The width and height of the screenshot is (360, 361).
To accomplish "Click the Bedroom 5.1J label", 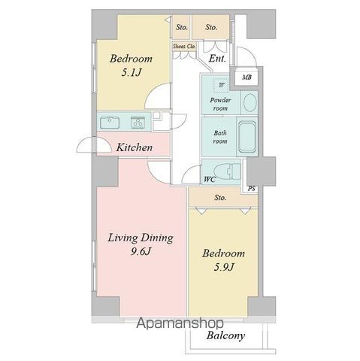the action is (x=131, y=65).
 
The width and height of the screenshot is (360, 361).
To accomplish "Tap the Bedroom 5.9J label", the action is (x=223, y=260).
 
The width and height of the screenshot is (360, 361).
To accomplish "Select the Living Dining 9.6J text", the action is (x=141, y=244).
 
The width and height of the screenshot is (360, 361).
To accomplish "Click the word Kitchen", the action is (x=135, y=147).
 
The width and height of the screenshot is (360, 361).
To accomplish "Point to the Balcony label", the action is (x=225, y=335).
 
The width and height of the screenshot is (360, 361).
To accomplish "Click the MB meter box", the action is (x=247, y=77).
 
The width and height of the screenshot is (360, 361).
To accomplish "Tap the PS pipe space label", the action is (x=252, y=188).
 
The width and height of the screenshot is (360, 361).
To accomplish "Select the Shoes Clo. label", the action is (x=184, y=47).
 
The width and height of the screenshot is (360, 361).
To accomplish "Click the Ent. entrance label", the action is (x=217, y=59).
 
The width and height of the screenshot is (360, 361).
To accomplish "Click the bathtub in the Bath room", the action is (x=247, y=137).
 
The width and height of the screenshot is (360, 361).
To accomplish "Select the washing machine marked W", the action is (x=221, y=85).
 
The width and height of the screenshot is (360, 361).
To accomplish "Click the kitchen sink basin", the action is (x=110, y=123).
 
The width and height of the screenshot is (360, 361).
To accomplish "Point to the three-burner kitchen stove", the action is (x=138, y=123).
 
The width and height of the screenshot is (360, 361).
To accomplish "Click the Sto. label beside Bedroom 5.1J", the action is (x=182, y=27).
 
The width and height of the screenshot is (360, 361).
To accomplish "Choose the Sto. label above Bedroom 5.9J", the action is (x=220, y=198).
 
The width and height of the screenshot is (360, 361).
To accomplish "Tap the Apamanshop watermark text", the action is (x=180, y=323).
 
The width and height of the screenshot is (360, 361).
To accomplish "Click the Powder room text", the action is (x=220, y=104).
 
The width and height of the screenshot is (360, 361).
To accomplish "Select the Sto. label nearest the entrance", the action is (x=211, y=27).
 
